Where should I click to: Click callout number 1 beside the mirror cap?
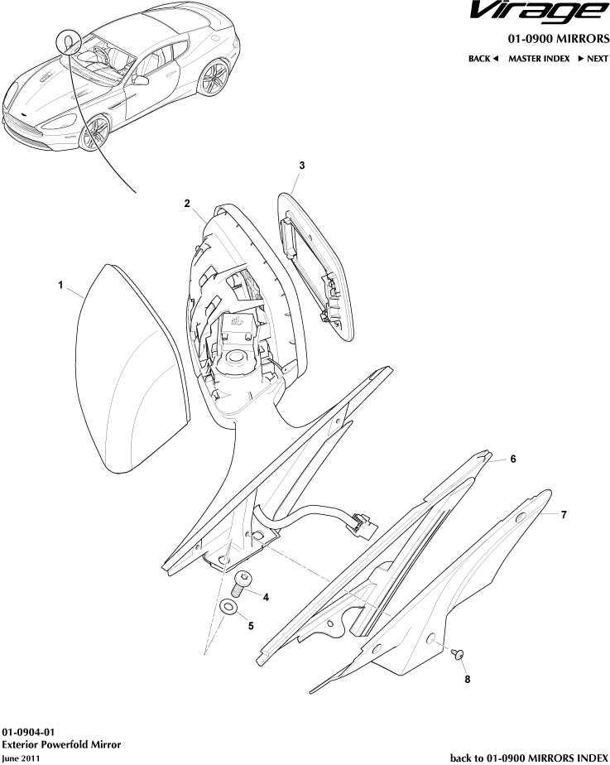[x=60, y=285]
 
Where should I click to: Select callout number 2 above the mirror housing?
[x=187, y=204]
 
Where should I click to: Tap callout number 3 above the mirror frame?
[x=302, y=166]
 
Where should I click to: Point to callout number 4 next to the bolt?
[x=266, y=597]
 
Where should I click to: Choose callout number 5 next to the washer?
[x=251, y=625]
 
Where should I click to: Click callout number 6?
[x=513, y=459]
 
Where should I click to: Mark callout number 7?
[x=564, y=514]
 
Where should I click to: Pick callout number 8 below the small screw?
[x=467, y=679]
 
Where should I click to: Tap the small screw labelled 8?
[x=458, y=654]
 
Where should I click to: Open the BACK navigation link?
[x=483, y=59]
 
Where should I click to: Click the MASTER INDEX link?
[x=539, y=59]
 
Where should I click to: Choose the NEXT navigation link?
[x=593, y=59]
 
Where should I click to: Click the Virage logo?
[x=540, y=12]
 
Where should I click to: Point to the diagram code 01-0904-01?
[x=29, y=732]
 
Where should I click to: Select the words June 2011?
[x=21, y=758]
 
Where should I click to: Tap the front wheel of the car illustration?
[x=94, y=133]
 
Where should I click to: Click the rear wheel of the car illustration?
[x=214, y=78]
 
